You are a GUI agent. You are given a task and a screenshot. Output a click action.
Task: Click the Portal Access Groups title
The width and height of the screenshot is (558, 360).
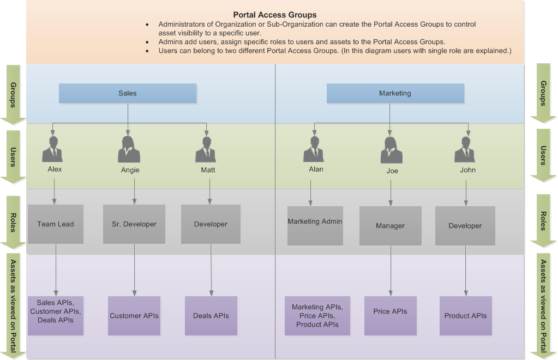274,15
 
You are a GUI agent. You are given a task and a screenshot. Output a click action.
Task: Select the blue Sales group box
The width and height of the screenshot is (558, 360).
128,93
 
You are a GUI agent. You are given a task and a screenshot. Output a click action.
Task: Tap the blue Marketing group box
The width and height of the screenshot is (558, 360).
395,93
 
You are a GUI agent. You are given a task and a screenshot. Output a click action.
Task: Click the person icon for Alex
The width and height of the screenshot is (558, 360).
52,149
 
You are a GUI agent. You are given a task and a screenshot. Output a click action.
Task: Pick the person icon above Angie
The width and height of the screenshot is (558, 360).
129,149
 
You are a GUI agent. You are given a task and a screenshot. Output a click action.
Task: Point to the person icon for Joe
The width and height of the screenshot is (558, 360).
391,150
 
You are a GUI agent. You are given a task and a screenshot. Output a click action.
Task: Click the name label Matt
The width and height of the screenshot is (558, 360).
207,170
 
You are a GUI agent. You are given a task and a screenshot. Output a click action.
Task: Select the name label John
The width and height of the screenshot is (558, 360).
467,170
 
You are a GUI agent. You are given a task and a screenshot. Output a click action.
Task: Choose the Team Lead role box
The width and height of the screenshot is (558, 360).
56,224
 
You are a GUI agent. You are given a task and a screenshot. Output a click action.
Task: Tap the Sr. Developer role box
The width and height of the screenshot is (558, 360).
134,224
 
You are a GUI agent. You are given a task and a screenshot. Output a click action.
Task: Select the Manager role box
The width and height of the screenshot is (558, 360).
391,226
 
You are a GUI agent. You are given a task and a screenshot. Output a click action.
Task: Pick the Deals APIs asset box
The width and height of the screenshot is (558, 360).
211,316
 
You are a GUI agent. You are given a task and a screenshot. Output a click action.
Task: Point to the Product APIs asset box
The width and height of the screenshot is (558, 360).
466,316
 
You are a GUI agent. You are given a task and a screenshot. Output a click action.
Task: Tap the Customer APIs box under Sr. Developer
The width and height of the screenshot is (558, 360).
134,316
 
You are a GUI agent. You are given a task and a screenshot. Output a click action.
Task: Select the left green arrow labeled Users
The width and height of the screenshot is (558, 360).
13,156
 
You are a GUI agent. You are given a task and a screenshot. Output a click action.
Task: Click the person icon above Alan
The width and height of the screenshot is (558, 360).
314,149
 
